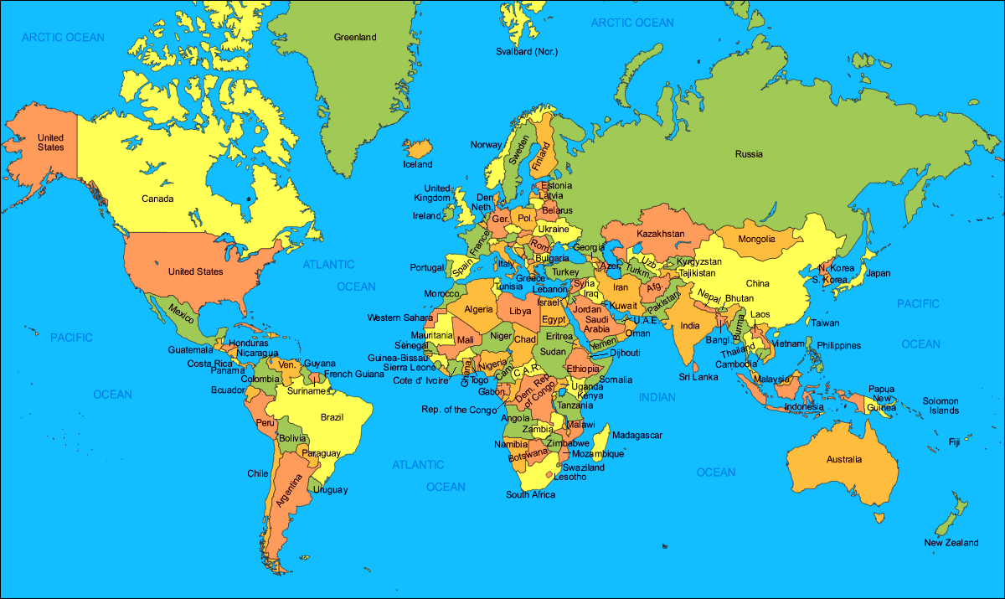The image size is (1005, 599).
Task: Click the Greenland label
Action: (355, 37)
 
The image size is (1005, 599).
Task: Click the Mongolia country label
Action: (757, 239)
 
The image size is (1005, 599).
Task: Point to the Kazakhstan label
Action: (660, 233)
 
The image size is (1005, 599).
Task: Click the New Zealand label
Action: (951, 543)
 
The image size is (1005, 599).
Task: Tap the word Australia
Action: (843, 459)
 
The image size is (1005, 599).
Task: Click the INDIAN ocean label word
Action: (657, 397)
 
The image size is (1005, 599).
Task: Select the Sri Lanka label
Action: (698, 377)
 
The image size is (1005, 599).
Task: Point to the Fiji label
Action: (954, 442)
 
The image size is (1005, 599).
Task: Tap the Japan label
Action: (878, 273)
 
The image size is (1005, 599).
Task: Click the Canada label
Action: (157, 199)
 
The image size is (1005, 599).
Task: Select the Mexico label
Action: (182, 311)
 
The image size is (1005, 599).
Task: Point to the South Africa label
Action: (530, 494)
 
